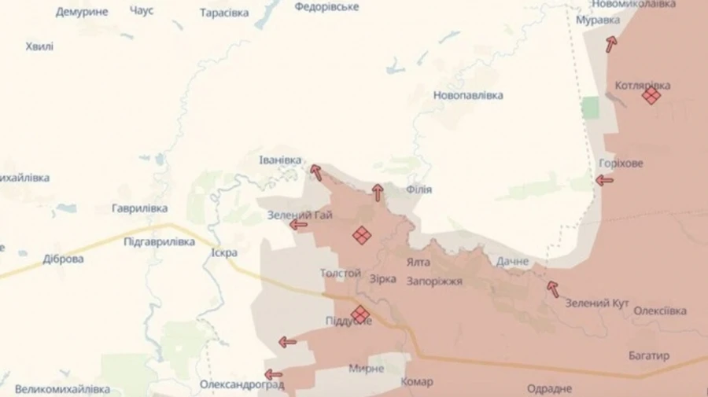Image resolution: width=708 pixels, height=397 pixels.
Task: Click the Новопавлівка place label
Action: (x=468, y=96)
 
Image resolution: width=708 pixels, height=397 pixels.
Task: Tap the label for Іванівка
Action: (x=280, y=160)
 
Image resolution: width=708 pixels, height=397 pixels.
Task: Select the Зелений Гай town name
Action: (x=300, y=215)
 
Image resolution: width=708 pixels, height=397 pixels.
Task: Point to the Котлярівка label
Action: (x=643, y=85)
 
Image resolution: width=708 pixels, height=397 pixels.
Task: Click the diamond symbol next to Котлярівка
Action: (x=651, y=96)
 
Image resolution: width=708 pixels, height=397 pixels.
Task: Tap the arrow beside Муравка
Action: (x=611, y=44)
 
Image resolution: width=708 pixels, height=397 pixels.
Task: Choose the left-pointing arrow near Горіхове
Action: (x=604, y=181)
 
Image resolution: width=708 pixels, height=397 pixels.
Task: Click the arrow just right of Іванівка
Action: (x=315, y=172)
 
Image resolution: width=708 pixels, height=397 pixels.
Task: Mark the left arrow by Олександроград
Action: (x=273, y=374)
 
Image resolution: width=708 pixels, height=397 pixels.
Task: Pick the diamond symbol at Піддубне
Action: (x=360, y=314)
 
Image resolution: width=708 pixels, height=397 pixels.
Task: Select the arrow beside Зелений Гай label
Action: (x=298, y=225)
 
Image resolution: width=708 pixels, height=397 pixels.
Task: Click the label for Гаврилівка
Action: (x=139, y=208)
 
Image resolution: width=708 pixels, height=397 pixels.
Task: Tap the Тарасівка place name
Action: (x=224, y=13)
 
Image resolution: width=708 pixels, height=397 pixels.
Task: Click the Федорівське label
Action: (x=326, y=7)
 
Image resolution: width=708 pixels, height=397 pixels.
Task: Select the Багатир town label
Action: (x=649, y=356)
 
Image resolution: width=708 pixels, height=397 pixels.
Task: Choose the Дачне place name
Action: (x=512, y=260)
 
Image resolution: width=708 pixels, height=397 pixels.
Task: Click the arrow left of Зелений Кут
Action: (x=553, y=289)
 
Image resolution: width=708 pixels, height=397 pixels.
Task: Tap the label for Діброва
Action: (x=63, y=259)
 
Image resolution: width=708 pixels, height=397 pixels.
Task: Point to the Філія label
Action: (x=419, y=189)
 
